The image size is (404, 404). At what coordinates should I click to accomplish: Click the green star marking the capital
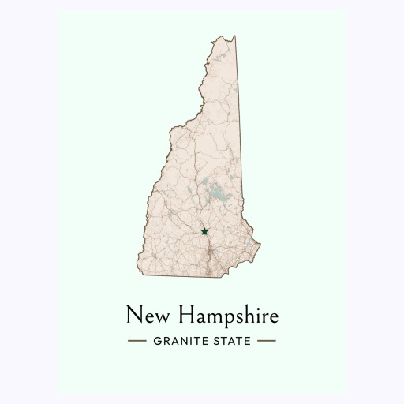point(204,231)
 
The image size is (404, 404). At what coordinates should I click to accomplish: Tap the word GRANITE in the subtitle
point(178,342)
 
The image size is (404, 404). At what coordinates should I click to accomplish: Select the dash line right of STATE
point(267,342)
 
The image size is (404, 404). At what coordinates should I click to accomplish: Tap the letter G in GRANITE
point(155,342)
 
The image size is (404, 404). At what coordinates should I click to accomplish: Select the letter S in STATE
point(214,342)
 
